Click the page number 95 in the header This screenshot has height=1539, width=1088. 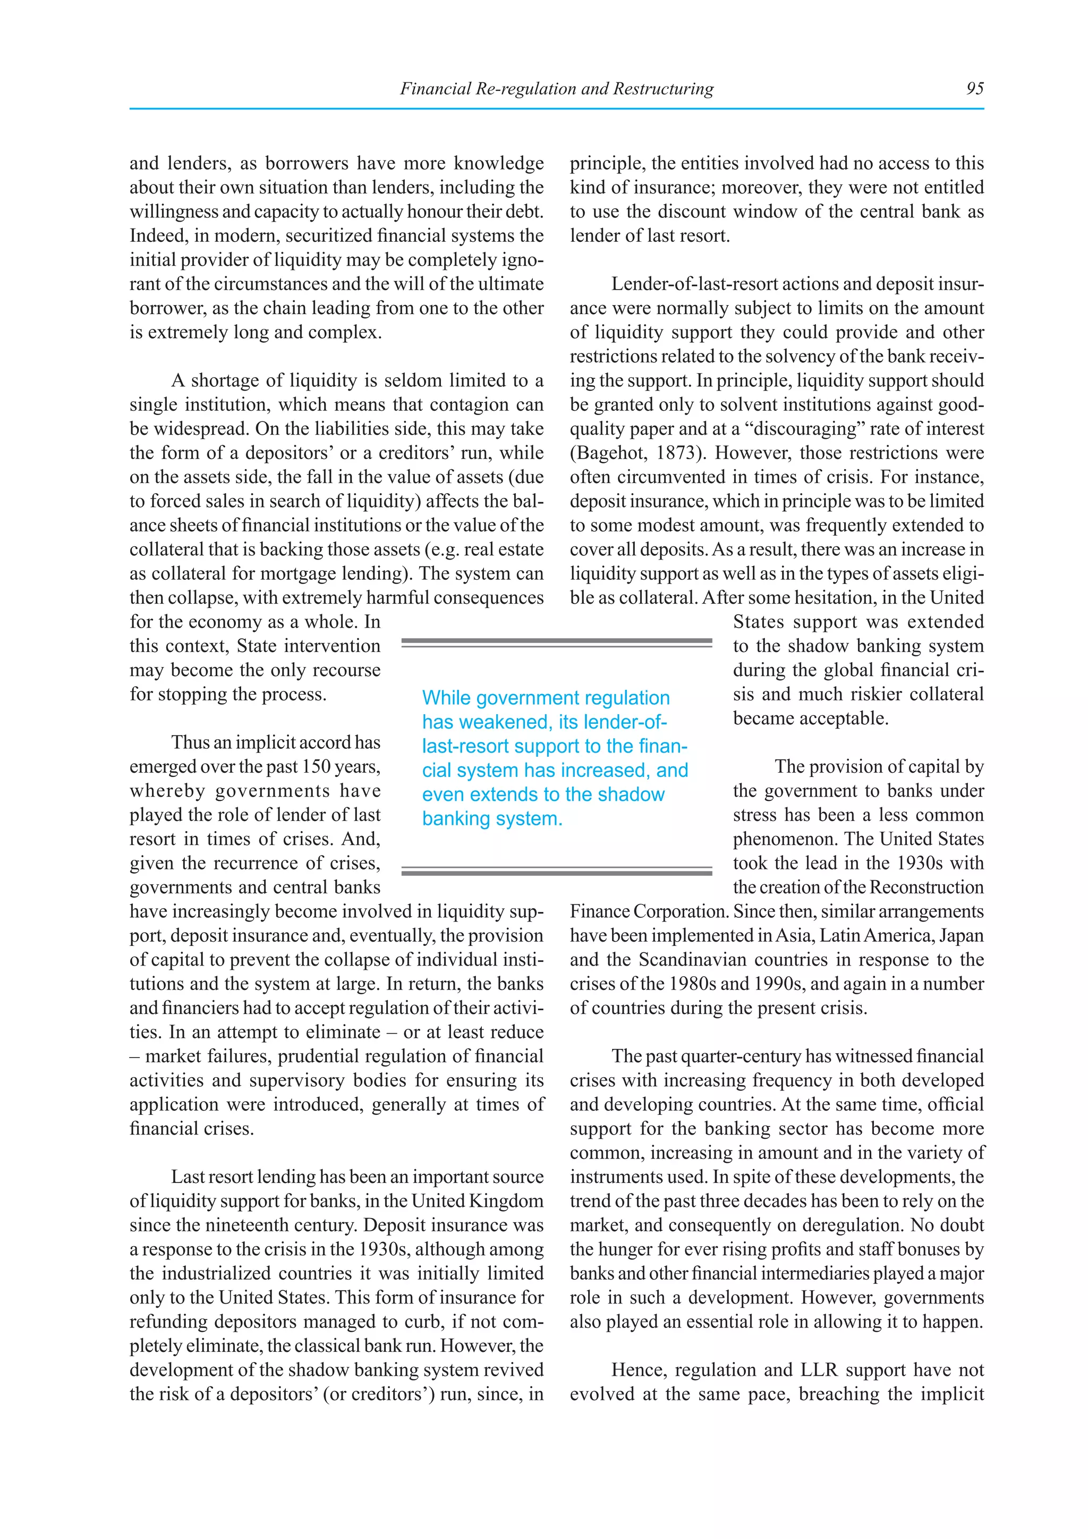[975, 88]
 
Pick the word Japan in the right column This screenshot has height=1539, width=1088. [960, 936]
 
